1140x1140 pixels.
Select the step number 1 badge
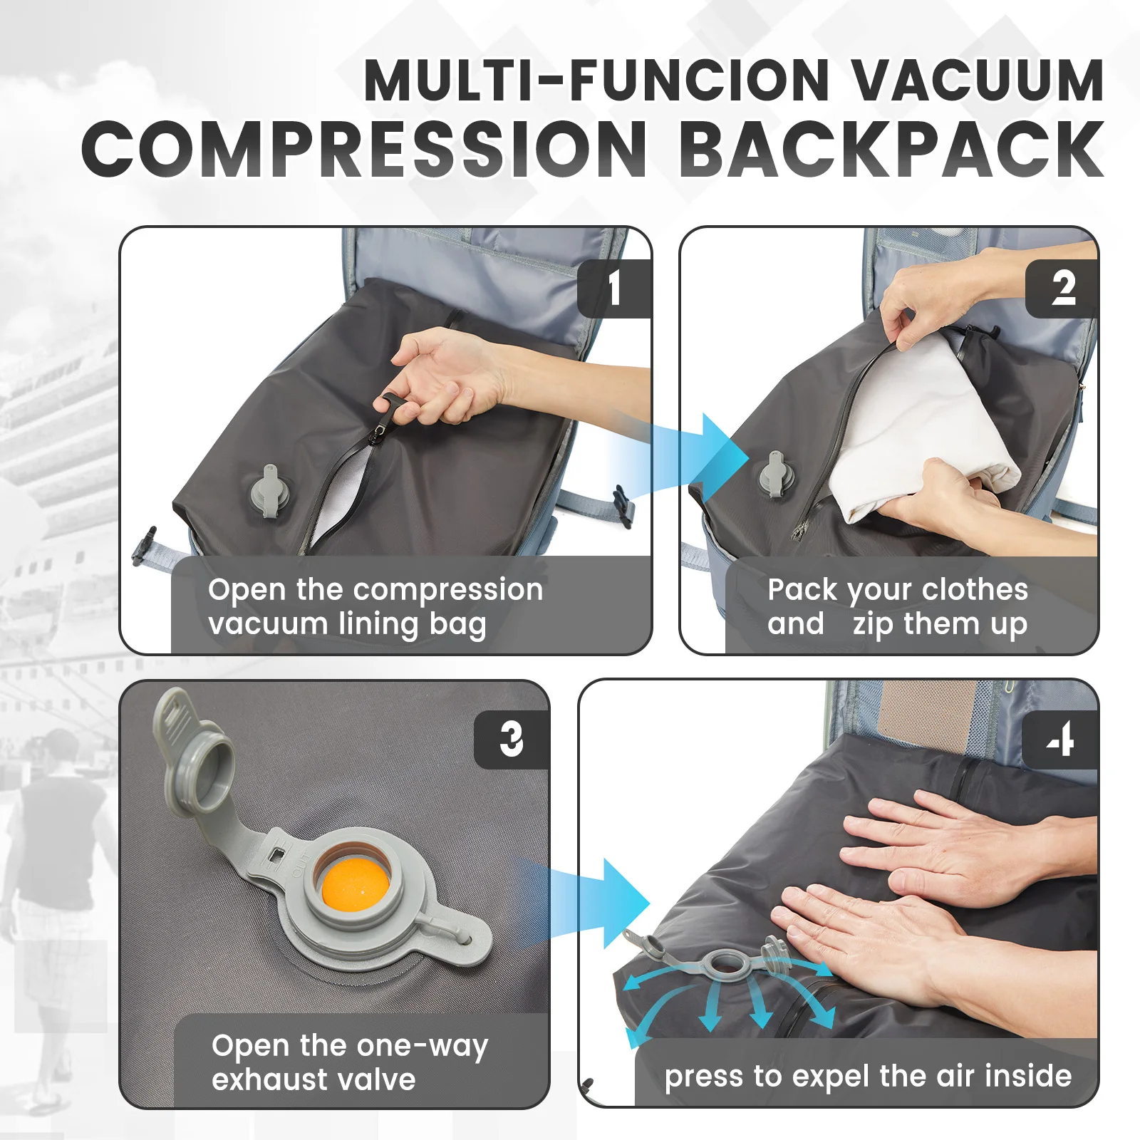coord(613,289)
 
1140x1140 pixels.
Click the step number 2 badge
coord(1062,289)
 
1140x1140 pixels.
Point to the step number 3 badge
coord(511,740)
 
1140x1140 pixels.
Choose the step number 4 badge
coord(1060,740)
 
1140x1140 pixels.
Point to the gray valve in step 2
coord(772,474)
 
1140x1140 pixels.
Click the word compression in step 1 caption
coord(447,590)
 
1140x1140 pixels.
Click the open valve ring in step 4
coord(725,963)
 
